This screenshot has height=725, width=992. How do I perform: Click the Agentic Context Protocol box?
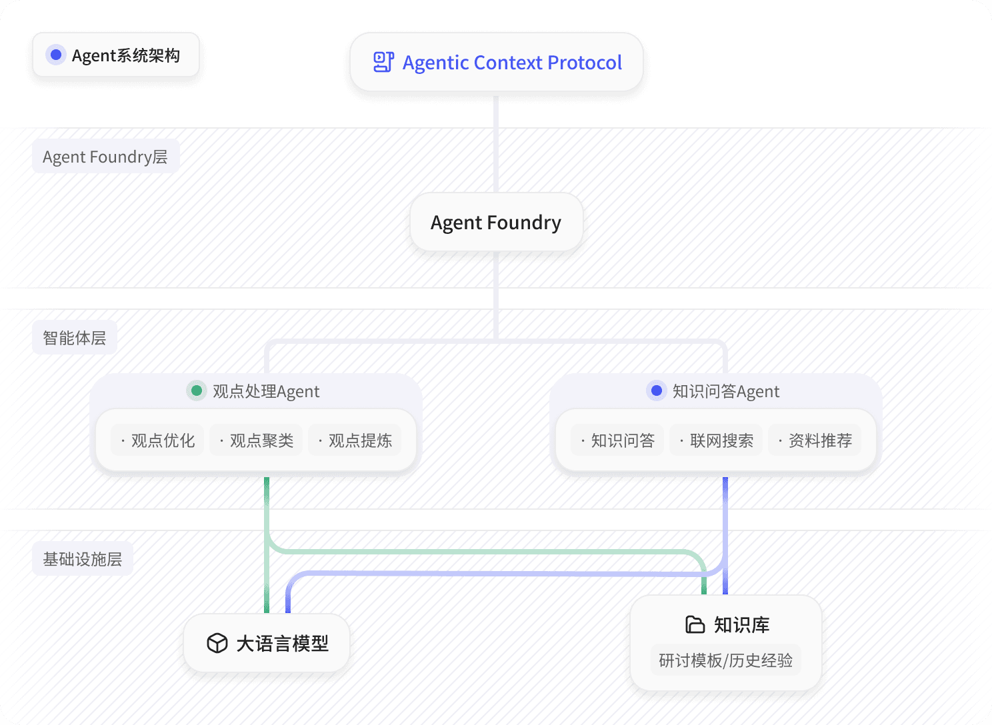click(496, 62)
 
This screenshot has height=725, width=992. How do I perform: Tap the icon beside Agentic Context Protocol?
click(383, 62)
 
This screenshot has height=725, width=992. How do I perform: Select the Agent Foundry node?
click(496, 223)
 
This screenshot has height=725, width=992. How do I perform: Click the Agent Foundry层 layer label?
click(105, 157)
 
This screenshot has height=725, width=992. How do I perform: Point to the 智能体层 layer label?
click(75, 338)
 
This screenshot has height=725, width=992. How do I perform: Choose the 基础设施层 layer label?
click(83, 559)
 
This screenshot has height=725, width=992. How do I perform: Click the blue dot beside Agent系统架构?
click(57, 55)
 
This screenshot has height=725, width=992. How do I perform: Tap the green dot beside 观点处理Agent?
click(197, 390)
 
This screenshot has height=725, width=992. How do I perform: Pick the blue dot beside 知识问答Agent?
click(657, 390)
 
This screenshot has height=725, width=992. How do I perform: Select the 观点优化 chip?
click(158, 440)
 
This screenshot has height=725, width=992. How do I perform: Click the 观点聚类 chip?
click(257, 440)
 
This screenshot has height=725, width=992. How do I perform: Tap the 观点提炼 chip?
click(355, 440)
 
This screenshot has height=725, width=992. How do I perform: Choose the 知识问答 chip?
click(618, 440)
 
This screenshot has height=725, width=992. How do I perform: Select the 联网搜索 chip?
click(717, 440)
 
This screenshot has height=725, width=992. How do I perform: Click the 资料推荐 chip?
click(815, 440)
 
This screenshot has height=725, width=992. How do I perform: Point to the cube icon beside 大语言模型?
click(217, 643)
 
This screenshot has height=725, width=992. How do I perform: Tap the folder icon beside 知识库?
click(695, 624)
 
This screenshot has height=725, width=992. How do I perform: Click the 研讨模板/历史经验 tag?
click(726, 660)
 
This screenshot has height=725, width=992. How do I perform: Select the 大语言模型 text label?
click(283, 644)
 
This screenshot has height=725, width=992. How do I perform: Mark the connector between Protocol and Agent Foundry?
click(496, 143)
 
